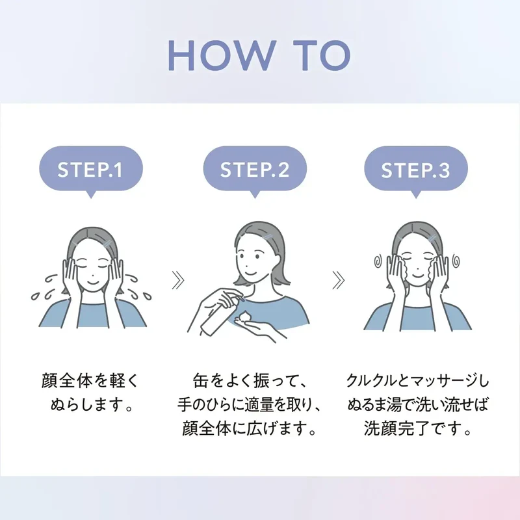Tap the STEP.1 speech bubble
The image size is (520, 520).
(x=91, y=170)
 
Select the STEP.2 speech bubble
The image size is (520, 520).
(x=255, y=170)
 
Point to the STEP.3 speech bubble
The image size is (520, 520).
(x=416, y=170)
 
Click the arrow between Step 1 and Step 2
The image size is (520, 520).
(x=178, y=280)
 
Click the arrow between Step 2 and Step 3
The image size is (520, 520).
(x=338, y=280)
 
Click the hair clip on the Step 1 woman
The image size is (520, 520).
(x=107, y=244)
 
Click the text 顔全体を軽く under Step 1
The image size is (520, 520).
(x=90, y=381)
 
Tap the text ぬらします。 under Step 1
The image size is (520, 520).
(x=92, y=405)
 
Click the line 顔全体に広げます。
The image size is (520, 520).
(x=249, y=429)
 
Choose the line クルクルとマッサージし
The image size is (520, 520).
(x=418, y=381)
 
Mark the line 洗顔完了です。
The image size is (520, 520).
(x=418, y=429)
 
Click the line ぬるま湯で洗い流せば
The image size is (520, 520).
(x=418, y=405)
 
